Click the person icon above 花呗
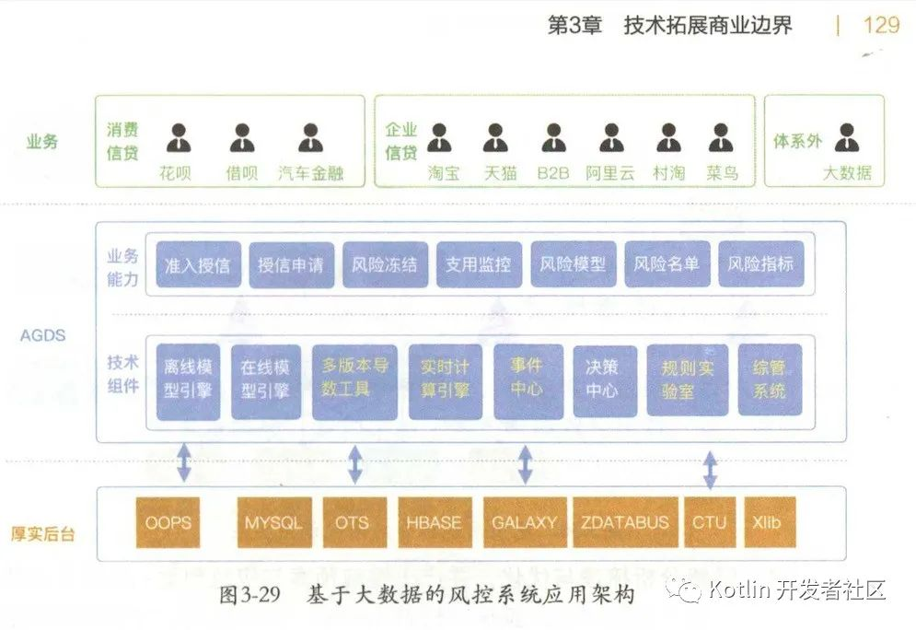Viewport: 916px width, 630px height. (x=179, y=138)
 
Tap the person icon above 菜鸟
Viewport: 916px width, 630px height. (x=721, y=138)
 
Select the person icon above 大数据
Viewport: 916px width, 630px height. (x=846, y=138)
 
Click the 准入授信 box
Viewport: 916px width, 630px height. (x=198, y=264)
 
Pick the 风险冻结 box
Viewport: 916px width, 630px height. (x=385, y=264)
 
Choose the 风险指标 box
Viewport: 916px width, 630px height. (x=760, y=264)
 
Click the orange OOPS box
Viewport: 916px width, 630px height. (x=168, y=522)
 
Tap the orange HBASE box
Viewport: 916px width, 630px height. (x=434, y=522)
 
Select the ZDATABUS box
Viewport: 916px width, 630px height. (x=625, y=522)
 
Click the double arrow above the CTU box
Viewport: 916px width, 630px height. (x=710, y=469)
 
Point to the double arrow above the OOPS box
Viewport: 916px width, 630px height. (x=184, y=462)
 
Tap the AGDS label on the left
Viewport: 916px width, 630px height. (x=43, y=335)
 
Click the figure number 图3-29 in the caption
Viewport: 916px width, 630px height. (x=249, y=595)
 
